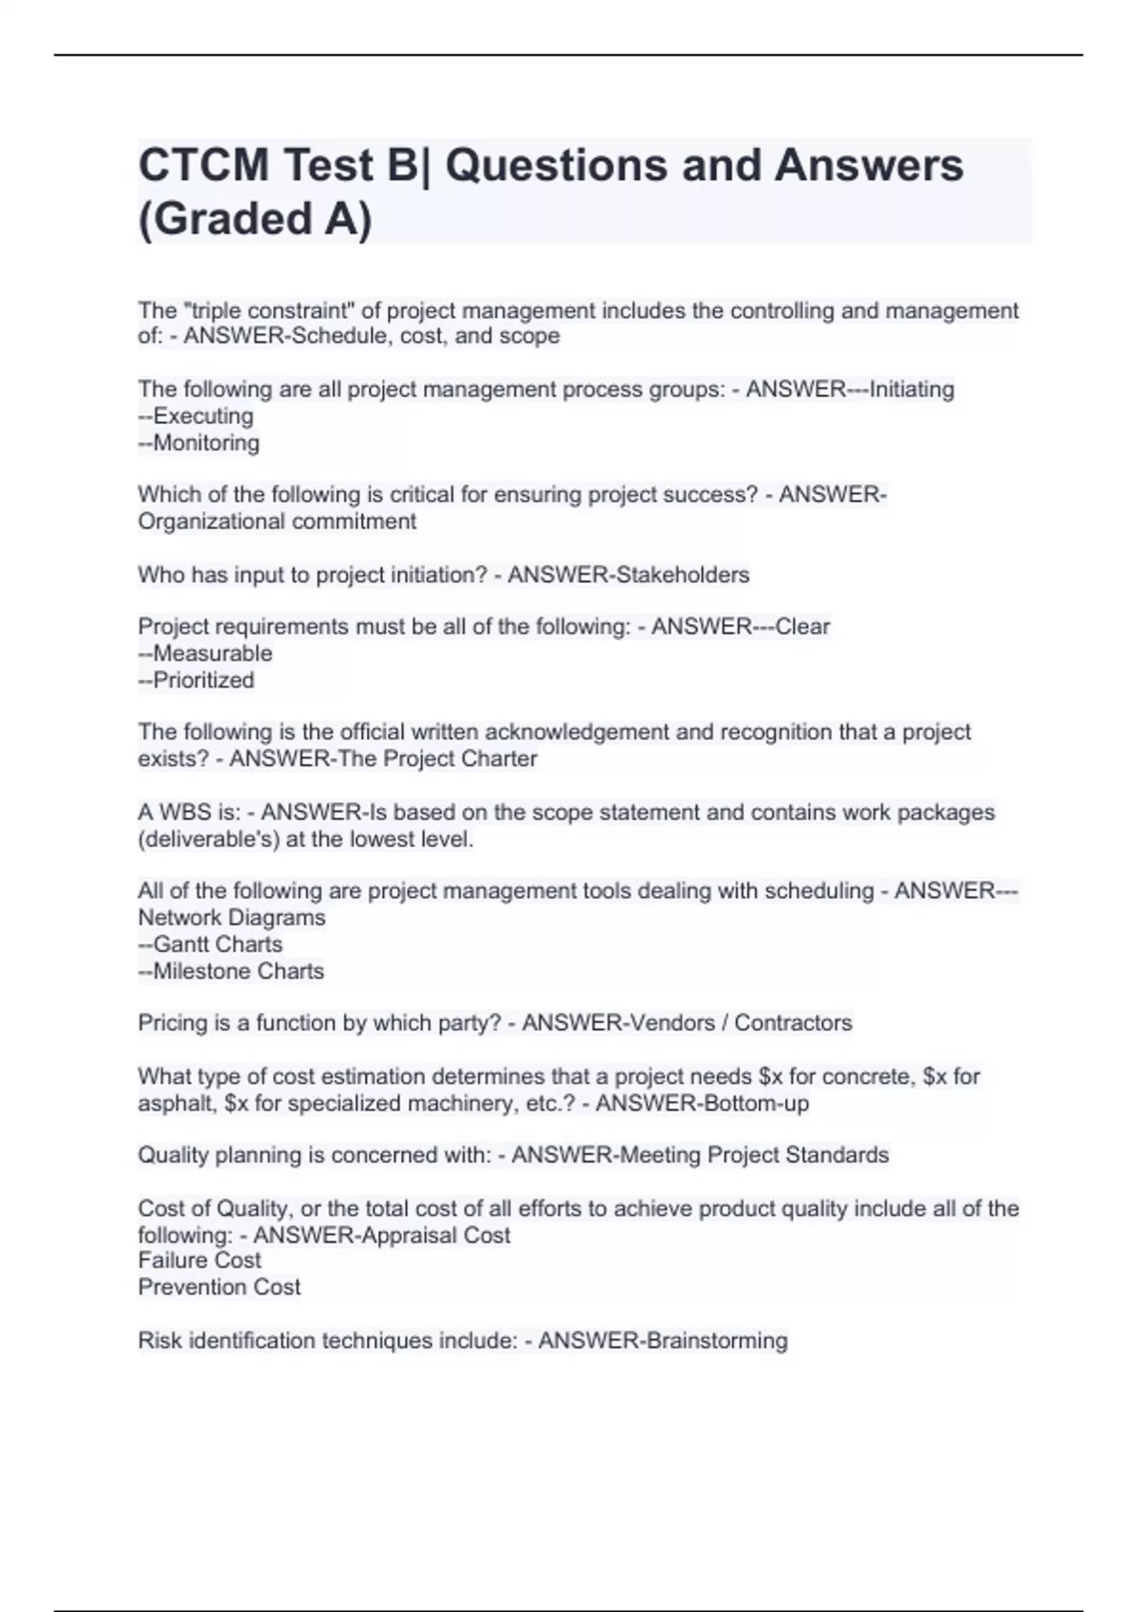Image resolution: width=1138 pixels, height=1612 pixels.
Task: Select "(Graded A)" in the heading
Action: pyautogui.click(x=255, y=219)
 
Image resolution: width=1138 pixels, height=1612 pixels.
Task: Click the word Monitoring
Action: pyautogui.click(x=206, y=443)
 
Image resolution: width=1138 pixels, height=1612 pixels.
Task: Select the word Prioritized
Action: pyautogui.click(x=204, y=680)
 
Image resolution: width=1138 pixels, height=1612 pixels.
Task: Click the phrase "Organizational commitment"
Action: pyautogui.click(x=277, y=522)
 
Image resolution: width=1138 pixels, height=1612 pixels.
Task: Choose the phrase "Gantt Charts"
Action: pyautogui.click(x=217, y=944)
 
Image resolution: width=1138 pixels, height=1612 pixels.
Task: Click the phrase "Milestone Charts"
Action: pyautogui.click(x=238, y=971)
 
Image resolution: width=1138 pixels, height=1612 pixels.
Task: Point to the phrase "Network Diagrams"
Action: pyautogui.click(x=231, y=918)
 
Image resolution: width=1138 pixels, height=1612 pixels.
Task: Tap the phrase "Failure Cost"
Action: pyautogui.click(x=199, y=1260)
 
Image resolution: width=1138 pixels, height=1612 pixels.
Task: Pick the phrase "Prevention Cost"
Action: pyautogui.click(x=219, y=1287)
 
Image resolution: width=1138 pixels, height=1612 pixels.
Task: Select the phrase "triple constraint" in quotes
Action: pyautogui.click(x=273, y=311)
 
